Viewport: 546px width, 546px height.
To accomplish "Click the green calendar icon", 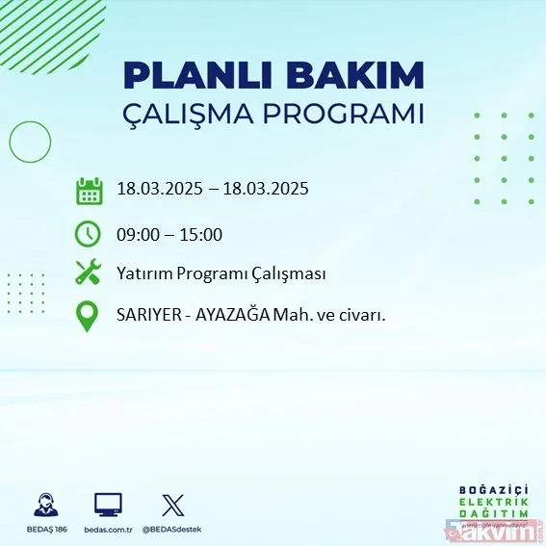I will click(x=89, y=191).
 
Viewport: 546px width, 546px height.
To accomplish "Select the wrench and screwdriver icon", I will click(x=89, y=273).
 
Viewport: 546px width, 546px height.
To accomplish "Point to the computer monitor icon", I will click(x=108, y=504).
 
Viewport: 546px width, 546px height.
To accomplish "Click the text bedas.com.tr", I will click(x=108, y=530).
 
